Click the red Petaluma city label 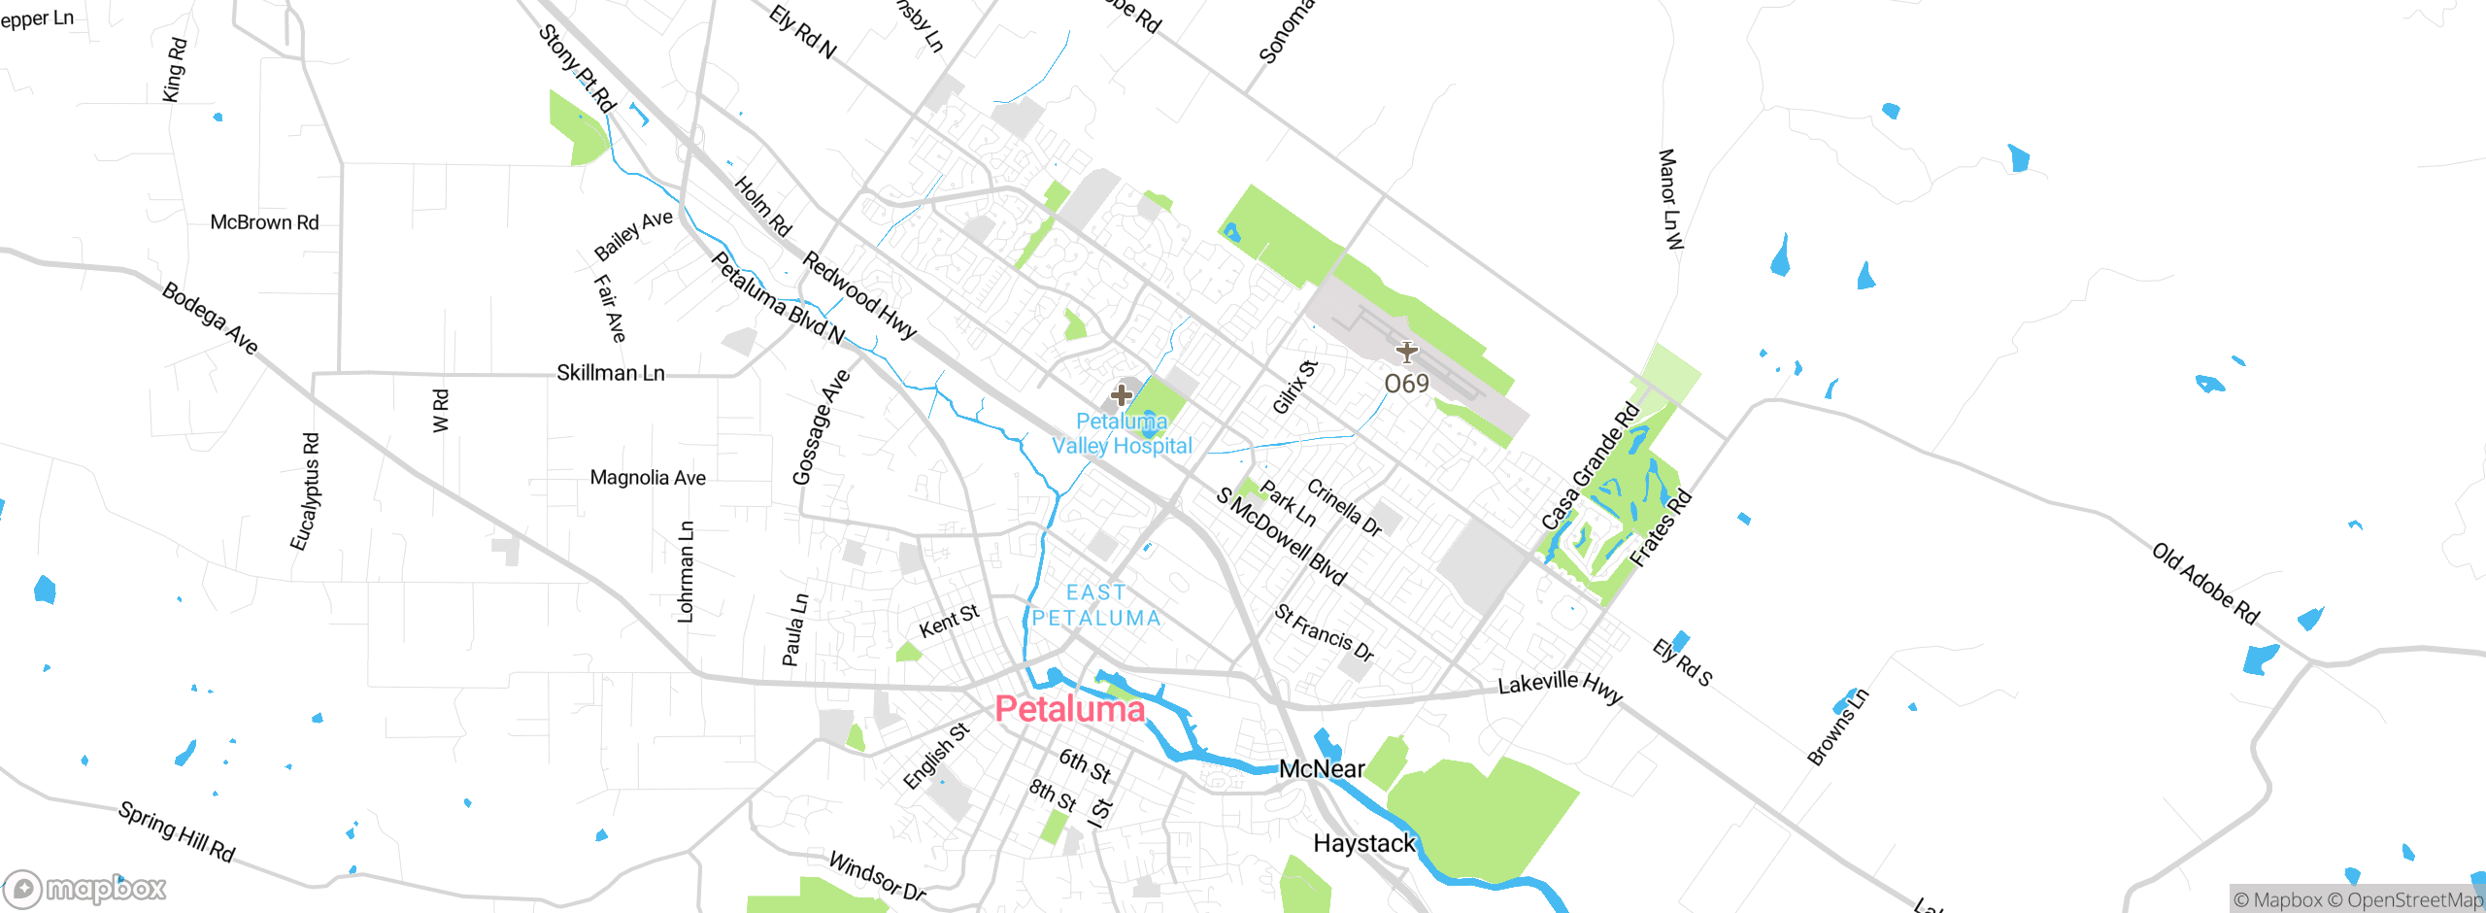(1069, 709)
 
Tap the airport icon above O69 (1406, 352)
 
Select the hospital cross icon (1122, 395)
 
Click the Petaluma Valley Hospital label (1122, 434)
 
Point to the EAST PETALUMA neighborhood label (1095, 605)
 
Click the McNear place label (1322, 769)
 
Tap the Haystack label (1364, 843)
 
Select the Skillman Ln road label (610, 373)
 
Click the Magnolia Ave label (648, 478)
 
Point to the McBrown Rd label (264, 222)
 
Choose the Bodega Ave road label (210, 319)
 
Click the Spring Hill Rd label (177, 831)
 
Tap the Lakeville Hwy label (1560, 686)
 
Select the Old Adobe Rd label (2204, 584)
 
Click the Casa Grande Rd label (1590, 466)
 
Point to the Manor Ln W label (1668, 199)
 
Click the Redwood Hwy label (859, 295)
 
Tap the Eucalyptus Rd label (305, 491)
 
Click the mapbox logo (85, 888)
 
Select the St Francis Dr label (1324, 632)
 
